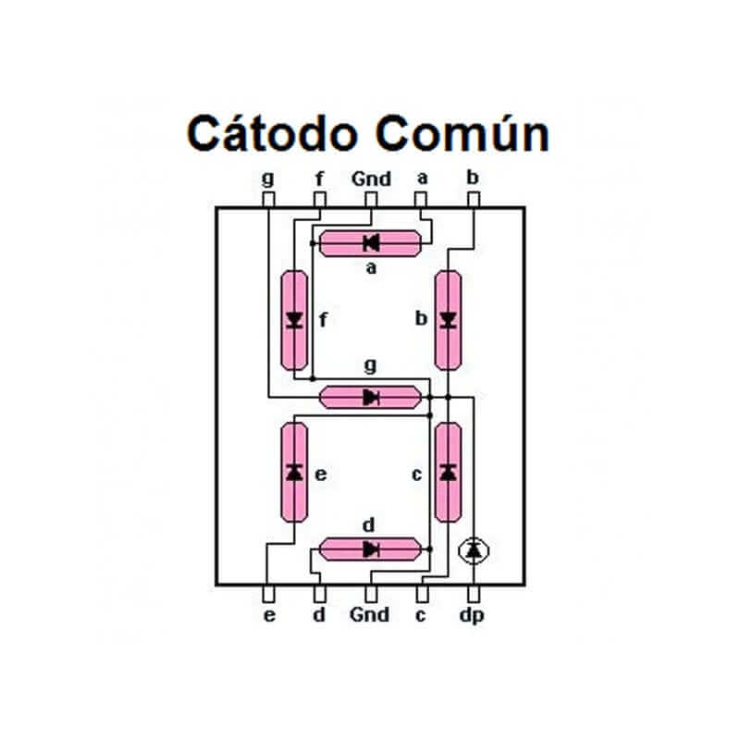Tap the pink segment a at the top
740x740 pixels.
point(370,243)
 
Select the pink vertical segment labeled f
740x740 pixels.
point(295,320)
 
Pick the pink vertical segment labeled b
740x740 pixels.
point(448,320)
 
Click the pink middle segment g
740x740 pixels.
point(370,398)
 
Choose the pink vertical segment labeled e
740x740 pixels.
point(295,473)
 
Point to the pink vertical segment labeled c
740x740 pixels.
point(448,473)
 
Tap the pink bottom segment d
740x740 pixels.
point(370,549)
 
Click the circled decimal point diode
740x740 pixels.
point(474,550)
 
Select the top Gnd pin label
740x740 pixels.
point(371,179)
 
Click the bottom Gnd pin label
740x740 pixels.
point(370,614)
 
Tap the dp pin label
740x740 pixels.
point(474,615)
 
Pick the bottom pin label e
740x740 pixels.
point(269,614)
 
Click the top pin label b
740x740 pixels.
point(473,178)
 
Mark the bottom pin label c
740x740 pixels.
point(421,614)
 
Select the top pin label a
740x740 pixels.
point(421,179)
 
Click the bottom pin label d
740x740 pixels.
point(319,614)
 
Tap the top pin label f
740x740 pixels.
point(320,178)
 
